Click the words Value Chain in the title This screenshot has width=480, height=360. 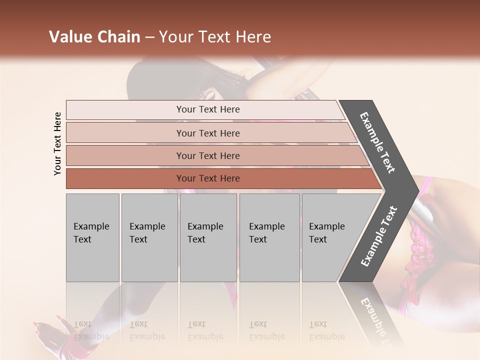coord(94,37)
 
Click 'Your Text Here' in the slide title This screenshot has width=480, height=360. coord(215,37)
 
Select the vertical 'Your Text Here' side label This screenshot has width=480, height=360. coord(57,143)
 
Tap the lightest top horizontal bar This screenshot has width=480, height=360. coord(205,109)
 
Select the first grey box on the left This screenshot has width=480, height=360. coord(92,237)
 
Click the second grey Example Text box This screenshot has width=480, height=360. coord(149,237)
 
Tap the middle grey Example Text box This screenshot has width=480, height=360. coord(208,237)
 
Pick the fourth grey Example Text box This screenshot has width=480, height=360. coord(269,237)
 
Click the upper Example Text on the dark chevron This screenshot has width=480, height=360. coord(377,142)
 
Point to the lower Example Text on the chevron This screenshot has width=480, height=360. coord(378,236)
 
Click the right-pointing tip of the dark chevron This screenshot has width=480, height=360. coord(415,190)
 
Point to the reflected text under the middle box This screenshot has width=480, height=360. coord(205,330)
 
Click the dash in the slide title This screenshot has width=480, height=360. coord(149,37)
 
